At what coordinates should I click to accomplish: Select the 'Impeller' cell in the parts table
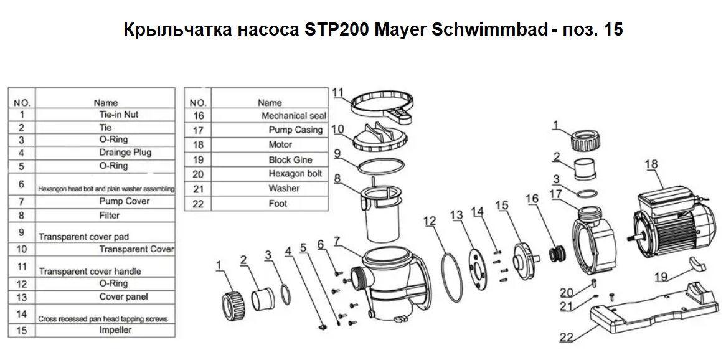coord(115,330)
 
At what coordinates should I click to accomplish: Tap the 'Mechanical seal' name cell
coord(293,115)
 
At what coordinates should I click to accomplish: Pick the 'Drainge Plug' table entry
coord(125,152)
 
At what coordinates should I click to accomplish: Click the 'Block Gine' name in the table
coord(290,159)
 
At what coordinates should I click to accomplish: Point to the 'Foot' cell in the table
coord(278,203)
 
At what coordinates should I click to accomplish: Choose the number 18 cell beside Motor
coord(198,145)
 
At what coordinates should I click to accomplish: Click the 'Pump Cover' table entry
coord(125,201)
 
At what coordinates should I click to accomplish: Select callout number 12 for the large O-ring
coord(430,222)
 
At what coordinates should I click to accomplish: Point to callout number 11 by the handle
coord(339,93)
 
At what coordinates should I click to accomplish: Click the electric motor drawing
coord(669,223)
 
